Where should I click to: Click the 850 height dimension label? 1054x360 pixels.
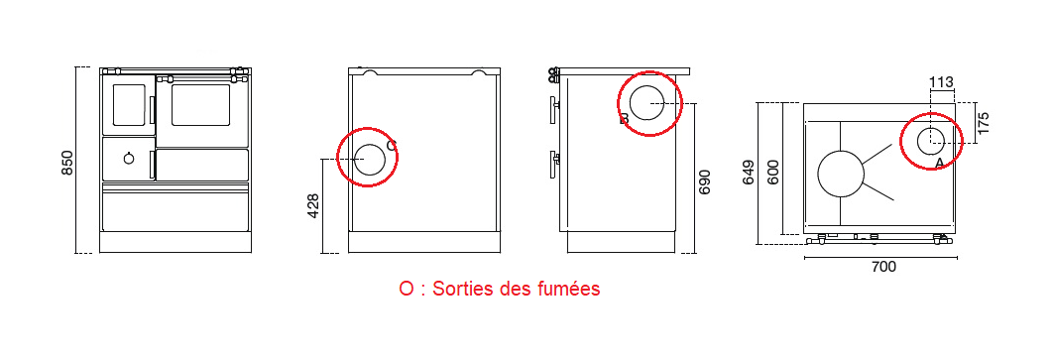click(67, 162)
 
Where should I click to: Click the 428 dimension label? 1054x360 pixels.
click(313, 205)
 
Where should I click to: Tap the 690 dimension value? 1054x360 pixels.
click(705, 182)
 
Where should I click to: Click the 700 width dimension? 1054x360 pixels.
click(882, 267)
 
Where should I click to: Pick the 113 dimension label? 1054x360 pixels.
click(941, 81)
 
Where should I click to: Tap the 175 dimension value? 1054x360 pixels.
click(983, 123)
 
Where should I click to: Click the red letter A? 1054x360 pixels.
click(939, 161)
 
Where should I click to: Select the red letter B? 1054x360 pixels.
click(624, 119)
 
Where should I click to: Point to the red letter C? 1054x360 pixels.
click(391, 146)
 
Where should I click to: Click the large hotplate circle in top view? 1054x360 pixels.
click(841, 175)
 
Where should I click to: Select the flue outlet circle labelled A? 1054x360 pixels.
click(930, 142)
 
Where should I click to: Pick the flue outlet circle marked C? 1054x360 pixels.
click(370, 159)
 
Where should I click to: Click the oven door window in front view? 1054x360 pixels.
click(201, 105)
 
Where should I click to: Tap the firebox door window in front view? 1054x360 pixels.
click(129, 104)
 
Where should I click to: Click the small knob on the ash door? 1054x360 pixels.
click(128, 159)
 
